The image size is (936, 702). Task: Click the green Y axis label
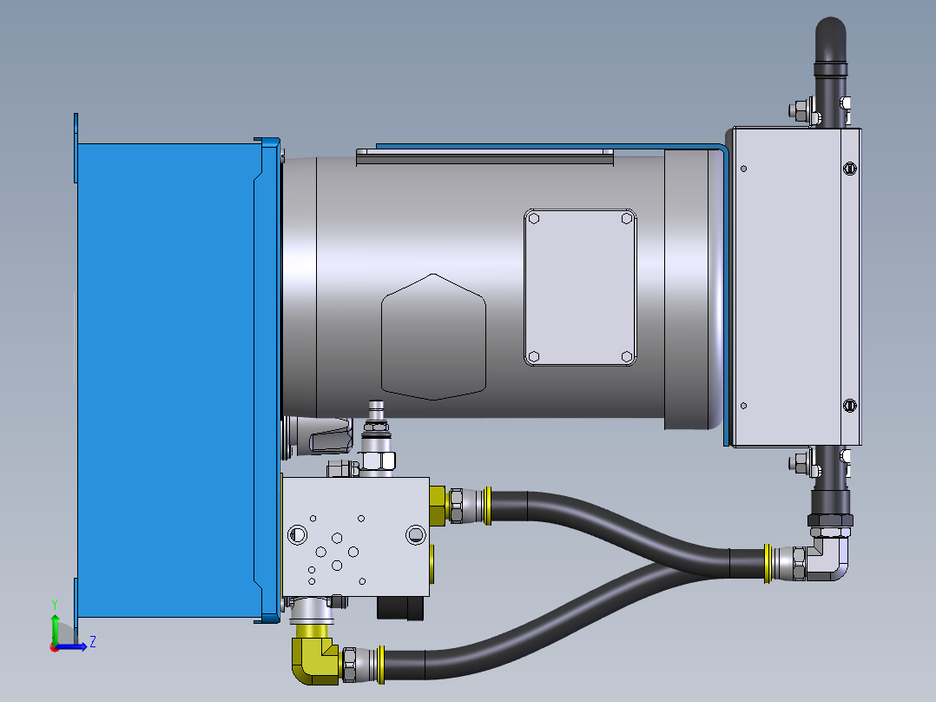(x=54, y=604)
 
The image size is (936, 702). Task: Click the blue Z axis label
(x=92, y=642)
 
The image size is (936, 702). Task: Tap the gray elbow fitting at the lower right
(x=825, y=559)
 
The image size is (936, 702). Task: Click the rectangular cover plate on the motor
(x=580, y=288)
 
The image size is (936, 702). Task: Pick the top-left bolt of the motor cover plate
(x=534, y=219)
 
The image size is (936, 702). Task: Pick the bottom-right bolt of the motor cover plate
(x=627, y=356)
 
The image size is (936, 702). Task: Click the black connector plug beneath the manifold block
(x=400, y=607)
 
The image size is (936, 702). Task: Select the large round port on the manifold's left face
(x=297, y=533)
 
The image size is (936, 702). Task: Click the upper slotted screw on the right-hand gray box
(x=850, y=168)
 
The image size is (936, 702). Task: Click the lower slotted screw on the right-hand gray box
(x=850, y=405)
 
